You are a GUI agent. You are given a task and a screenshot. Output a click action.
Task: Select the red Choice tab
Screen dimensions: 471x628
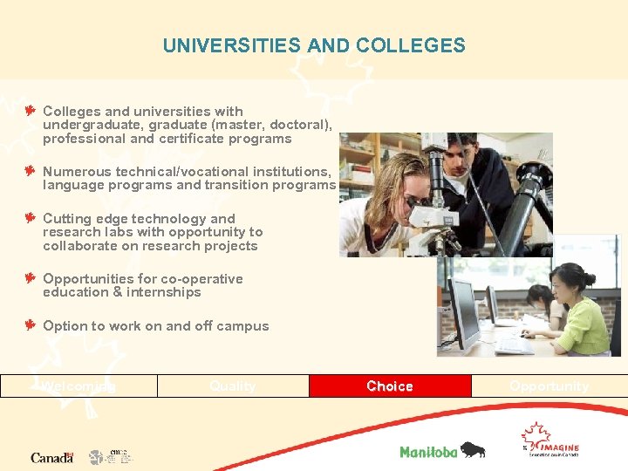tap(390, 386)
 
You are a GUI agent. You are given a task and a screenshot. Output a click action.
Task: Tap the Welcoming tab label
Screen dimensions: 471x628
tap(79, 386)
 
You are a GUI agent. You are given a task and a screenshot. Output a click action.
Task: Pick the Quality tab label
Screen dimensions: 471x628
tap(233, 386)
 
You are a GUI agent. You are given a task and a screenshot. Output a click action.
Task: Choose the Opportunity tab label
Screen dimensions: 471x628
tap(549, 386)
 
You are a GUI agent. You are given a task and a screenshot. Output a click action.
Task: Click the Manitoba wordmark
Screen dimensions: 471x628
tap(429, 452)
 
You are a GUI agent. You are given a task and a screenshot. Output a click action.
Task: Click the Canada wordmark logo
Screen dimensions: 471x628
tap(51, 457)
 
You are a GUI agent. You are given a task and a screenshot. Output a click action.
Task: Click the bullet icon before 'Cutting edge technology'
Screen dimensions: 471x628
tap(30, 218)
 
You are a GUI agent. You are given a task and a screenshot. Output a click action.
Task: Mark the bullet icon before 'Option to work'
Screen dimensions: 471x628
tap(30, 325)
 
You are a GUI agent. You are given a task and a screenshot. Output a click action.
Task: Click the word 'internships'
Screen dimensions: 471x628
tap(166, 292)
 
